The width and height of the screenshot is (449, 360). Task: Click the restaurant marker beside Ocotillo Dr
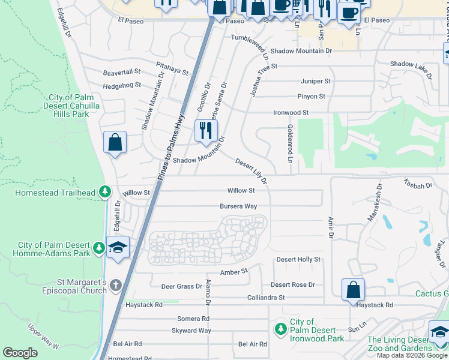(206, 131)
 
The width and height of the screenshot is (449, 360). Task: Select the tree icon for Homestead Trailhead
(105, 192)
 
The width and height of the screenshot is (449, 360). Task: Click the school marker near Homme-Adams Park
(118, 247)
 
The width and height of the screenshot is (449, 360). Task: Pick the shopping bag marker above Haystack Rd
(354, 290)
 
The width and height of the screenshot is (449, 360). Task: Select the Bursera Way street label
(238, 206)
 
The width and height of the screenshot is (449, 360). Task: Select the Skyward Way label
(191, 331)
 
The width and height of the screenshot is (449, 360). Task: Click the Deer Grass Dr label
(181, 286)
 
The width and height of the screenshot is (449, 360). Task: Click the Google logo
(20, 353)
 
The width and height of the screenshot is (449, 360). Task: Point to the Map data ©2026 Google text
(411, 355)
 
